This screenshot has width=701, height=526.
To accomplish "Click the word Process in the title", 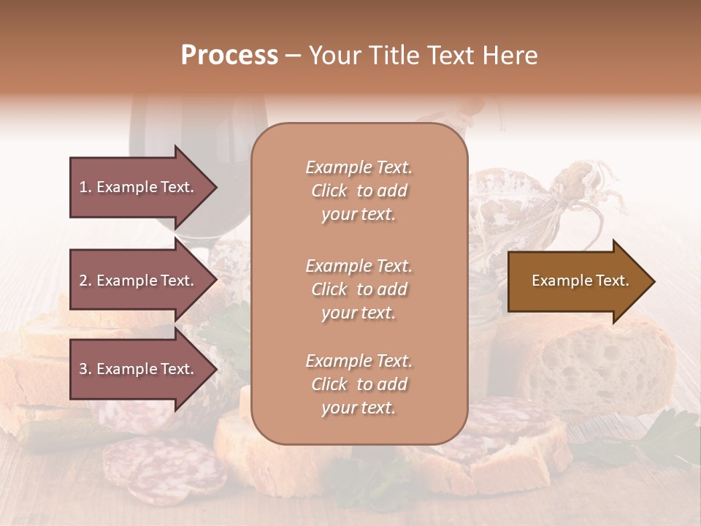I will click(229, 56).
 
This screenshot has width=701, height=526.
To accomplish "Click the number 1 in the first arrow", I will click(83, 187).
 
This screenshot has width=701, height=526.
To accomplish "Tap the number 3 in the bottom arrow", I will click(83, 369).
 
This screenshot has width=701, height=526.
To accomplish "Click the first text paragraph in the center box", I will click(359, 191).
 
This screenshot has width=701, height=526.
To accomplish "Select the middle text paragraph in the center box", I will click(359, 289).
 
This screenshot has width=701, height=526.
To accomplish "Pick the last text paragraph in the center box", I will click(359, 384).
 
